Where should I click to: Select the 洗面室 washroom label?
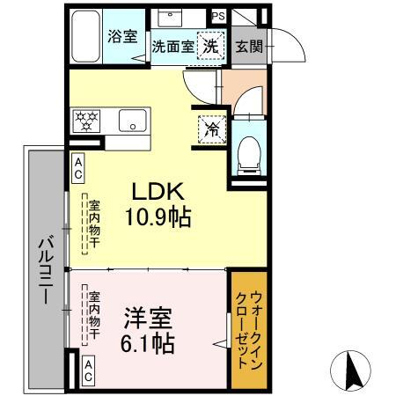point(172,47)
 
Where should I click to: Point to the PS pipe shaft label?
point(218,16)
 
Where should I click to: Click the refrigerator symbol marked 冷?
point(211,127)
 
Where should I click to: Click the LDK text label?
point(159,193)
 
